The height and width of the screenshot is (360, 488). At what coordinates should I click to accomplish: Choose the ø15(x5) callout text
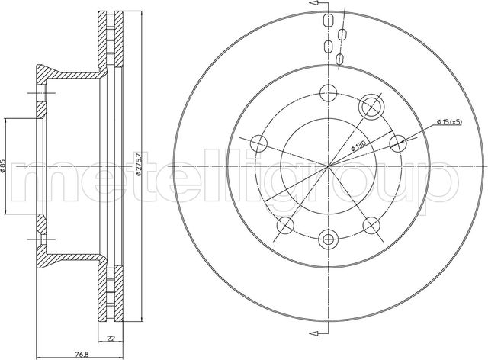tap(450, 121)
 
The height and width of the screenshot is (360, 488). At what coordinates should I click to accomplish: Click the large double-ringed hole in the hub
tap(372, 106)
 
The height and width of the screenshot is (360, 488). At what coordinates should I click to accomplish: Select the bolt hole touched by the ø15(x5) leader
tap(396, 141)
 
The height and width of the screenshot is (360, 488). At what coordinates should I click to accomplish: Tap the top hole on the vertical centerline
tap(329, 95)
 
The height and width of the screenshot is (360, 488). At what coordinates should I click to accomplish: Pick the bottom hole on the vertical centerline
tap(329, 238)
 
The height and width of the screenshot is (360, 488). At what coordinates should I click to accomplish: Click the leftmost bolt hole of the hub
tap(258, 143)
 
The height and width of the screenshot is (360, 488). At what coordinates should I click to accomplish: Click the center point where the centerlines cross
tap(329, 166)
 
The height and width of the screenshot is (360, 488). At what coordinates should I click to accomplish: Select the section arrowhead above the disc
tap(312, 5)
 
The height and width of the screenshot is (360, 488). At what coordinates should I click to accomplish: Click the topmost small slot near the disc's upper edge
tap(329, 21)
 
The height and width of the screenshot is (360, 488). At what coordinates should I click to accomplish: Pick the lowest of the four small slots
tap(340, 58)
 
